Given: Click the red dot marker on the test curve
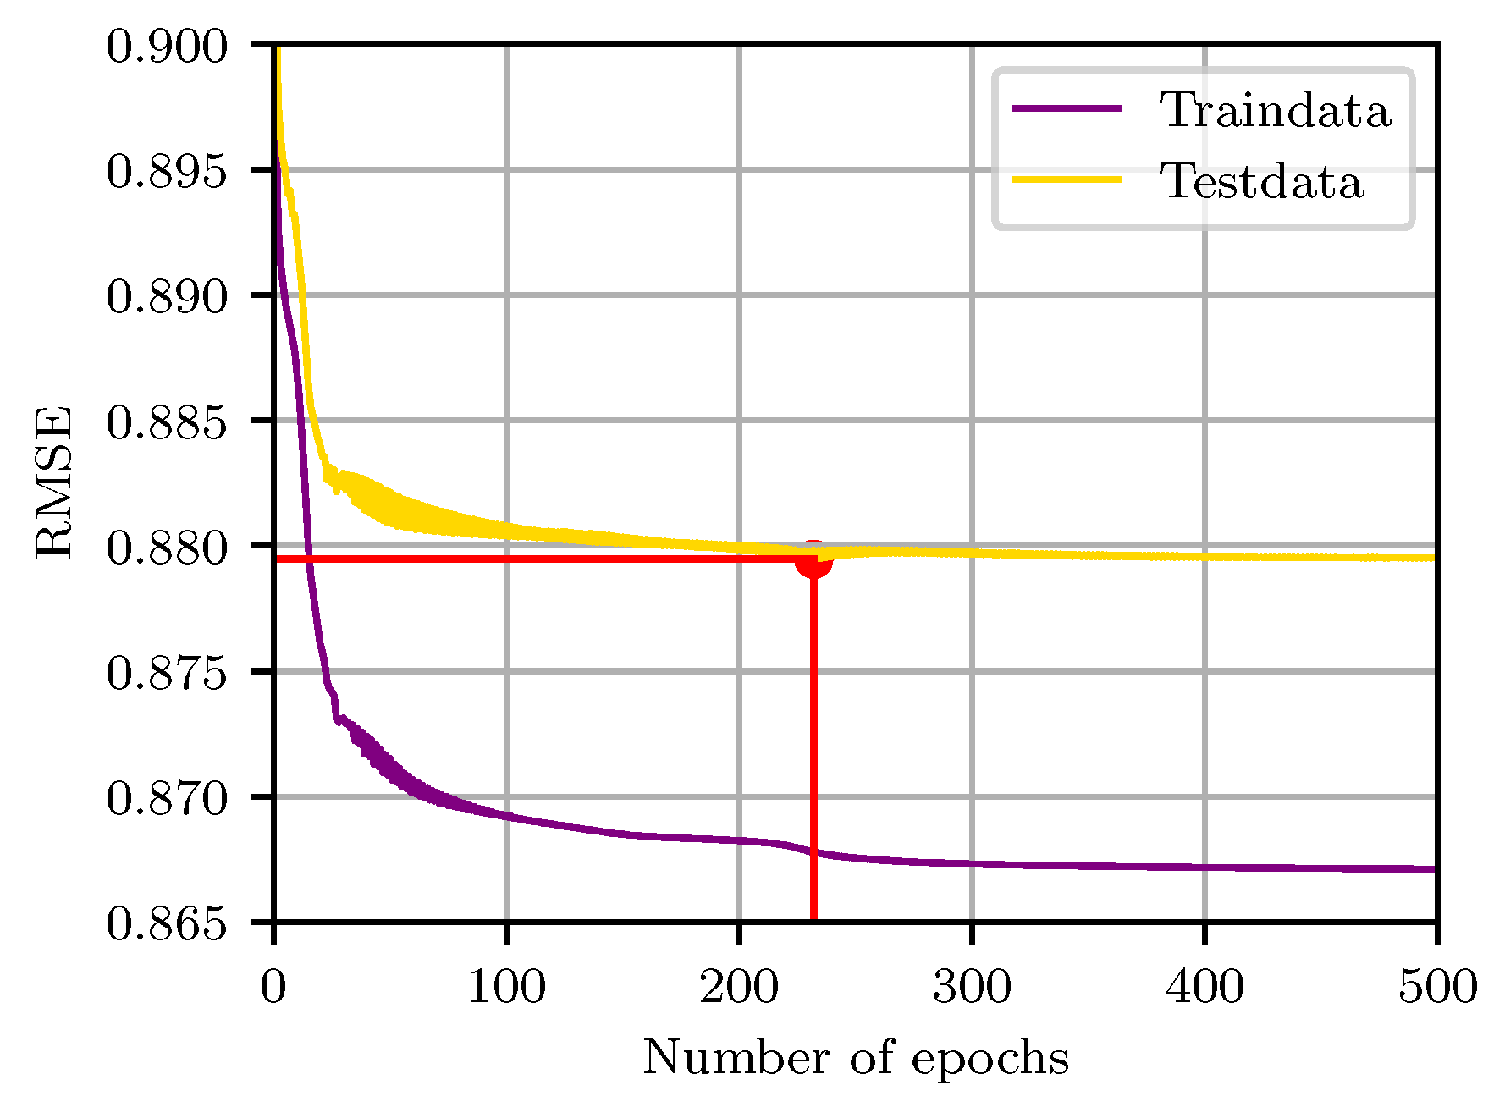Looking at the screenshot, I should [x=813, y=559].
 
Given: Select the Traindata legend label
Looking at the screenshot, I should [x=1275, y=110].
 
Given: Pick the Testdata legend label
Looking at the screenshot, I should [x=1261, y=181].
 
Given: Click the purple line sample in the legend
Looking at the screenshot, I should [x=1067, y=108].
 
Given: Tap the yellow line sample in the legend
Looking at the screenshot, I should [x=1067, y=179].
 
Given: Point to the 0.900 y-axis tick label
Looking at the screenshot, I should [x=168, y=47].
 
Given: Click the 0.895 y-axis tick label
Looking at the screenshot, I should [x=168, y=172].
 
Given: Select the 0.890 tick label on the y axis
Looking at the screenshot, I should [x=168, y=297].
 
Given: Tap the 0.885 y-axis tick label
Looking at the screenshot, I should [x=168, y=422].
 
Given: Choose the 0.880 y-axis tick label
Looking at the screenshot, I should [x=168, y=548].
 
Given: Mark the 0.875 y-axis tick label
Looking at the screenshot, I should [x=168, y=674].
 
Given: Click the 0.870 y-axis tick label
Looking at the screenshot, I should [x=168, y=799].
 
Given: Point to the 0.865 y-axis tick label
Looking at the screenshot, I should [x=168, y=924].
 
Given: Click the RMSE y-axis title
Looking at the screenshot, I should [x=54, y=482].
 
